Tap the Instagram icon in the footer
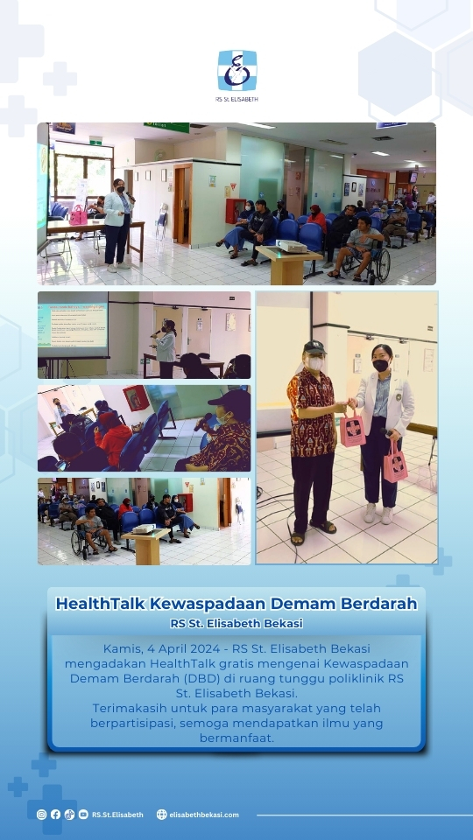coord(41,815)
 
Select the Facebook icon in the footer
coord(55,815)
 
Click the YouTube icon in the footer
coord(83,815)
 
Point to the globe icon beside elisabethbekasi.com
coord(161,815)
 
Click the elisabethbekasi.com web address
coord(204,815)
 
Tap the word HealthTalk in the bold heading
coord(100,603)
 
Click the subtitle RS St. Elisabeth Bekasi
coord(236,624)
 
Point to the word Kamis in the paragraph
coord(121,648)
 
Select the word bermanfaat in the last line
coord(236,738)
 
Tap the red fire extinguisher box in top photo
coord(234,210)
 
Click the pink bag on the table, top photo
coord(78,215)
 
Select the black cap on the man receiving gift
coord(314,347)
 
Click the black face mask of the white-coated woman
coord(381,366)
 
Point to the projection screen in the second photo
coord(73,325)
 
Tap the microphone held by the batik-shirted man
coord(204,421)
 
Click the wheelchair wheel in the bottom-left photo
coord(78,543)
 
